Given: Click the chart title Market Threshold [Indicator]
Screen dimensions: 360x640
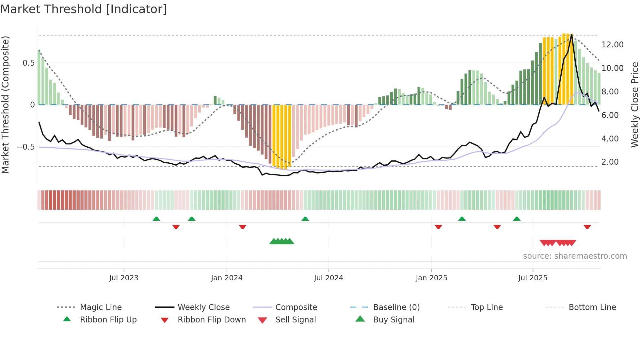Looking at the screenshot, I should (x=84, y=9).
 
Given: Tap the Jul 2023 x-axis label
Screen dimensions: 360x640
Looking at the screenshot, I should (x=124, y=278).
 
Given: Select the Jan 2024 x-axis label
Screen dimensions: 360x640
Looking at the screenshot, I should (x=227, y=278).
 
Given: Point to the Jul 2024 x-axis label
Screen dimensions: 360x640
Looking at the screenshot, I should (x=328, y=278).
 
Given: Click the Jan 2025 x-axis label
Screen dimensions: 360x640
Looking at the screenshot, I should (x=431, y=278).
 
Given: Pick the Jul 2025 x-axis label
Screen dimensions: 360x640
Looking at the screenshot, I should (x=533, y=278).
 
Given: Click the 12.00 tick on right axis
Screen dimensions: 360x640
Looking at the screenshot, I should (x=612, y=45).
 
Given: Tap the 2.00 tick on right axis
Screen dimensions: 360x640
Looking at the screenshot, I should (x=610, y=162).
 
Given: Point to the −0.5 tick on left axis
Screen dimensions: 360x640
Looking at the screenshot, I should (x=26, y=147).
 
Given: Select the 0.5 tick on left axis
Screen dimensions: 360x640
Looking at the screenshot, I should (x=28, y=63).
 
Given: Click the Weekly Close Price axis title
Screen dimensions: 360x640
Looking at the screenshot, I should (x=634, y=105).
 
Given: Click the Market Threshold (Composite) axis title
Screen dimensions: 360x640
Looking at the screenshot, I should (x=5, y=105).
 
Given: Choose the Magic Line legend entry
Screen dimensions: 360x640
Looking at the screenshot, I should (x=101, y=307).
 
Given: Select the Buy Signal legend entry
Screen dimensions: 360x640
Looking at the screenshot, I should (x=393, y=320).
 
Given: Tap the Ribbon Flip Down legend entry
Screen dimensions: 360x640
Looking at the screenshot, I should (x=211, y=320).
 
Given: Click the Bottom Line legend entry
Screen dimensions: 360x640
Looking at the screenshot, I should (x=592, y=307).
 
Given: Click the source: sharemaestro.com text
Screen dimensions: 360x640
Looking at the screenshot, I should (x=575, y=256).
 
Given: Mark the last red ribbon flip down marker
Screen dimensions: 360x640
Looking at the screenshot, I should (x=587, y=227).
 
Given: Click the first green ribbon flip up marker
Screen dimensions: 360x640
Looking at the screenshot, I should (x=156, y=219).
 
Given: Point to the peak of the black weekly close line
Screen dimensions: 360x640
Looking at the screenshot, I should (x=572, y=34).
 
